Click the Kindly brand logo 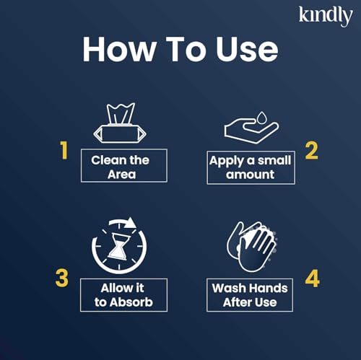coord(325,15)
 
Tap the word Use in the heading coord(245,49)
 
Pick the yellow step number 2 coord(310,150)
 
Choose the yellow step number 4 coord(311,278)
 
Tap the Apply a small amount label coord(250,167)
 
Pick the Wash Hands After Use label coord(250,295)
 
